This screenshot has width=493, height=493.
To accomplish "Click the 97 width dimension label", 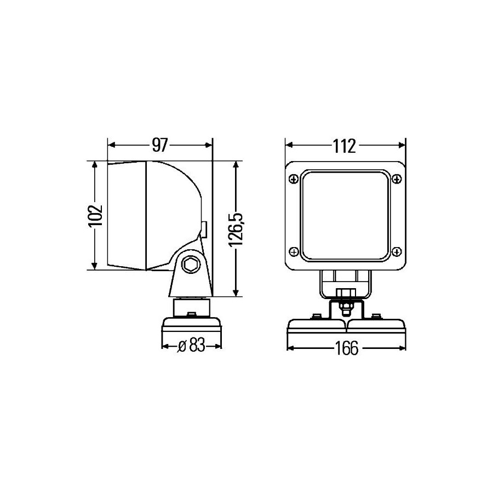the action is pyautogui.click(x=160, y=145).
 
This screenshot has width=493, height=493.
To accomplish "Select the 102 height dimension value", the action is pyautogui.click(x=95, y=216).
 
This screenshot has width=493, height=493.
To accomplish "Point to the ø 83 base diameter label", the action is pyautogui.click(x=191, y=346).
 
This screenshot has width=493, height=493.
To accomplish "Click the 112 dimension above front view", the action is pyautogui.click(x=345, y=146).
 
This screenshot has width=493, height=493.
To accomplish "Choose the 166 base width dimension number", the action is pyautogui.click(x=347, y=348).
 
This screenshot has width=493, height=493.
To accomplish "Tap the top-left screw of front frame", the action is pyautogui.click(x=294, y=179).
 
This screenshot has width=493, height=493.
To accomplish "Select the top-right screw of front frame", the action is pyautogui.click(x=397, y=179).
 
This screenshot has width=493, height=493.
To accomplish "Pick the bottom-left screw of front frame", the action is pyautogui.click(x=294, y=251).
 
